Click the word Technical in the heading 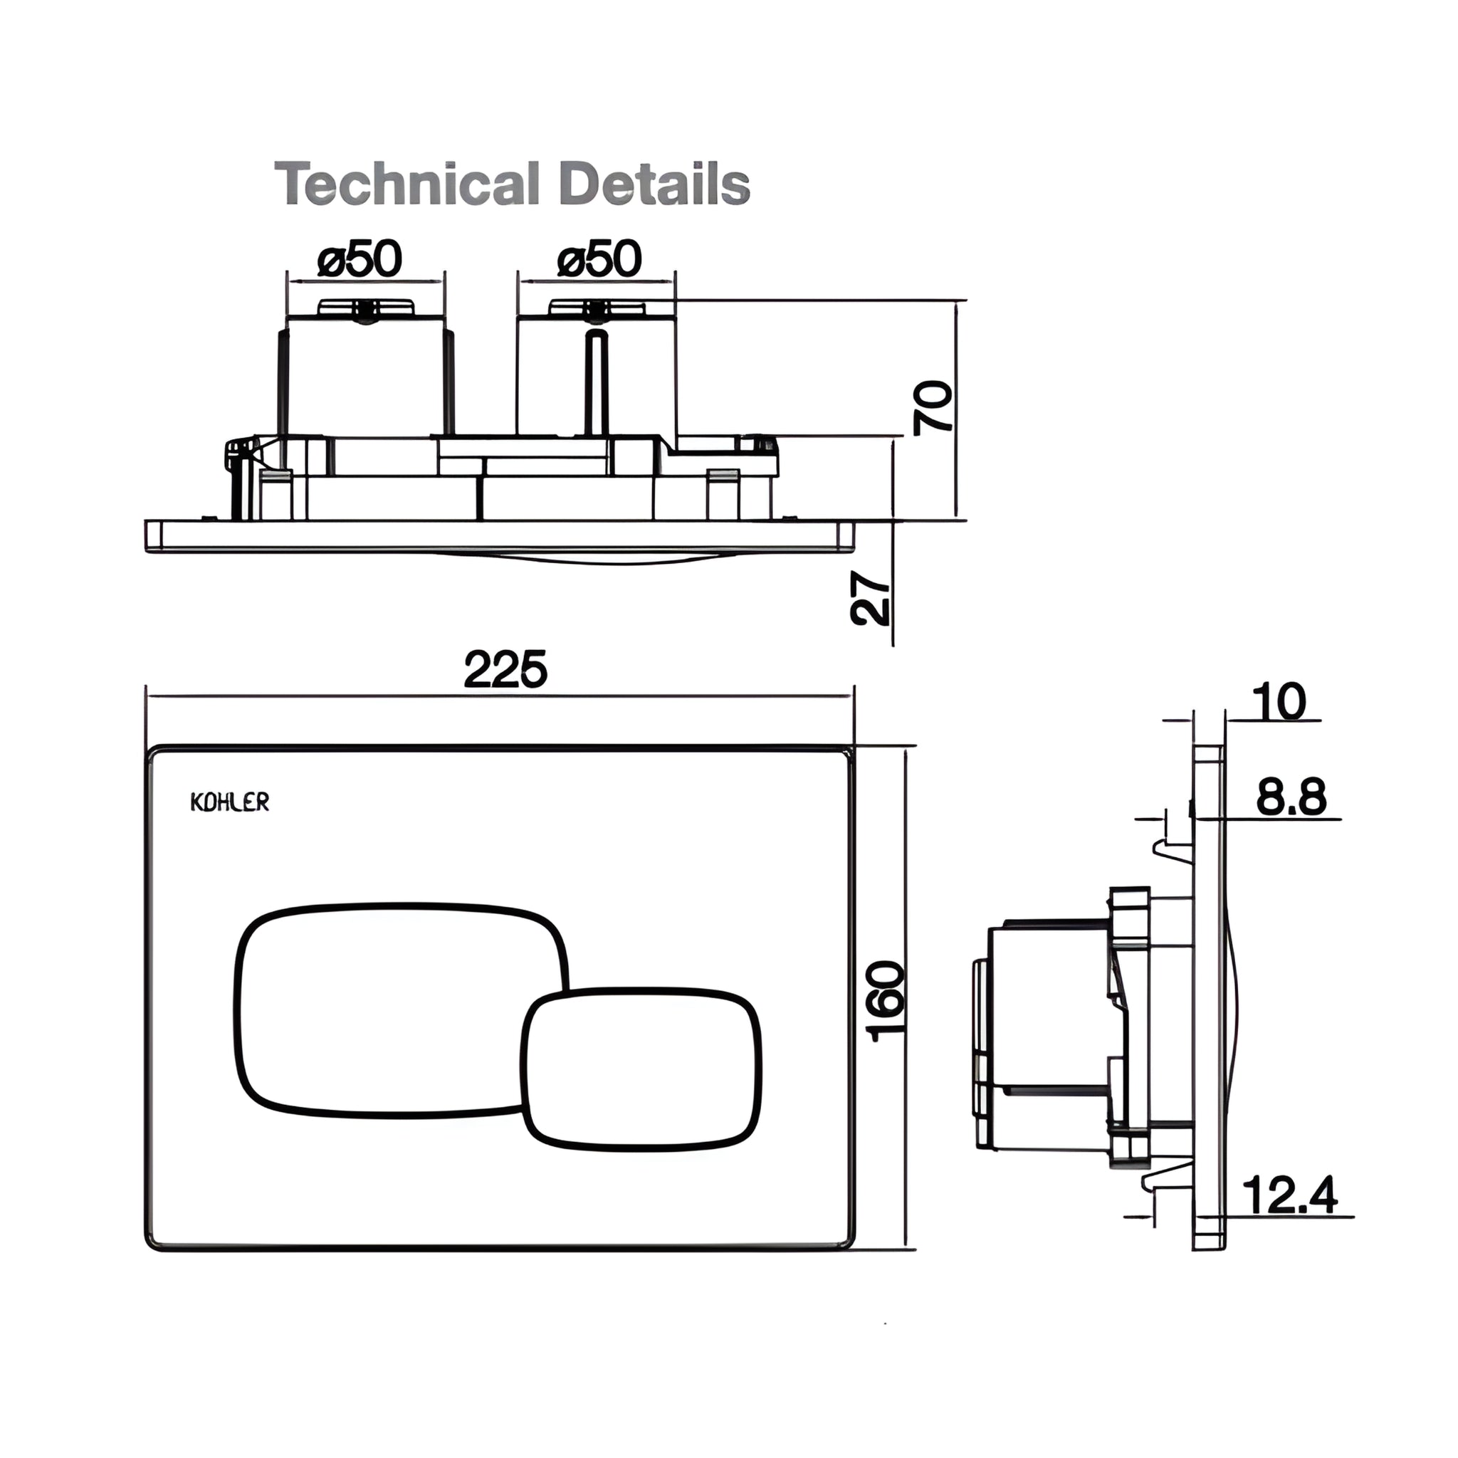click(x=407, y=184)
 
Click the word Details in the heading click(x=656, y=184)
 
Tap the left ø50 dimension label click(x=360, y=259)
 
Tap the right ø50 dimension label click(x=599, y=259)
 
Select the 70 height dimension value click(x=933, y=407)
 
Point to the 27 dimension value click(x=870, y=599)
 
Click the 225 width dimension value click(x=505, y=669)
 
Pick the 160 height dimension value click(x=888, y=1002)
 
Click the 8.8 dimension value click(x=1291, y=797)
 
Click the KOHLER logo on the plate click(x=229, y=802)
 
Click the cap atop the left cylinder click(x=366, y=307)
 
